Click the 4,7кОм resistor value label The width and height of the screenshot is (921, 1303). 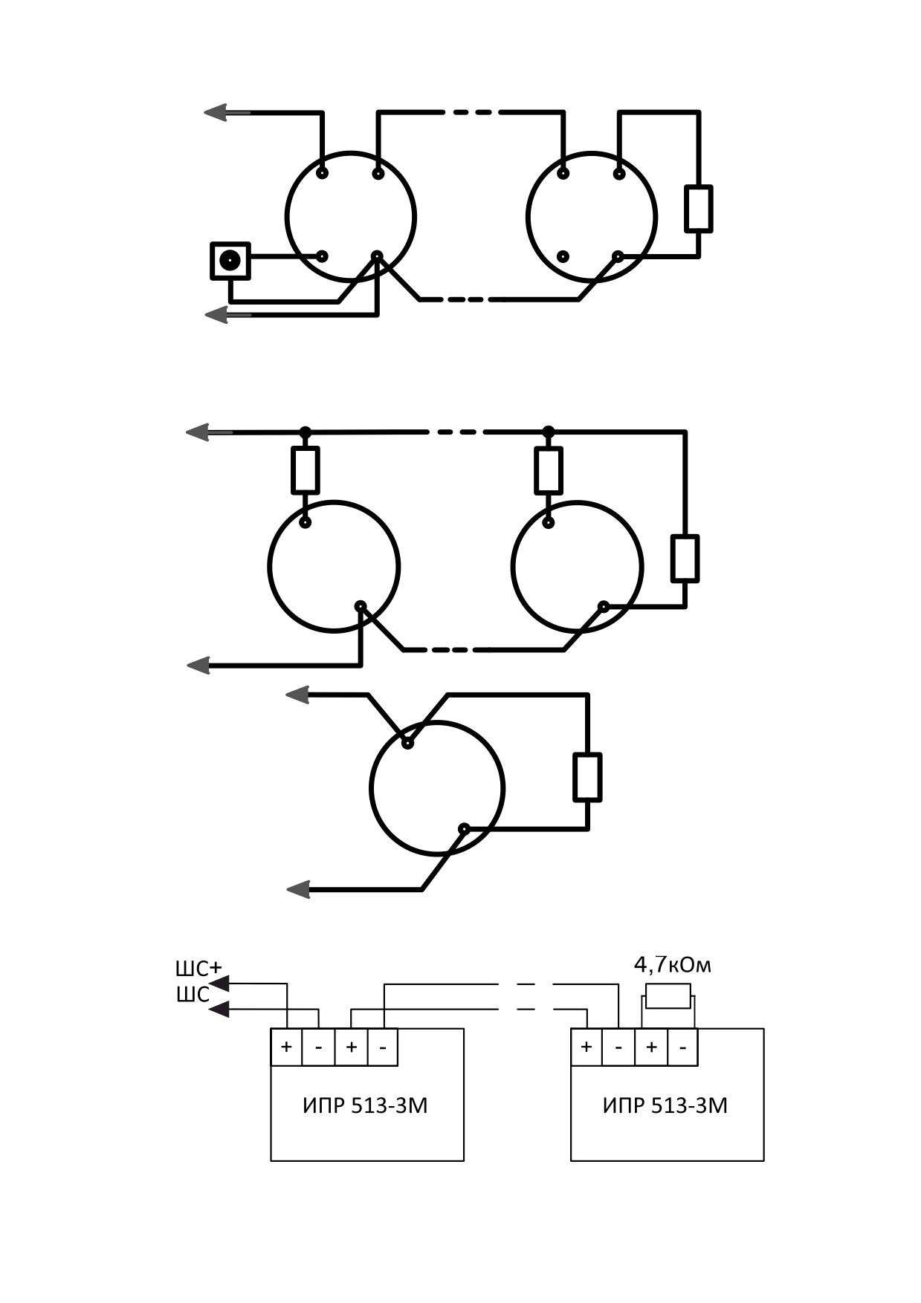[x=672, y=965]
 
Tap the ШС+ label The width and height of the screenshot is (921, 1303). [x=198, y=969]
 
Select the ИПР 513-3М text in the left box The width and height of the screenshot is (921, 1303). [x=365, y=1106]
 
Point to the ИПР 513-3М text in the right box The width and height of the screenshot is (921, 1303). [x=665, y=1106]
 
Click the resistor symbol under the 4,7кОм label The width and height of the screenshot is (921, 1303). [x=668, y=995]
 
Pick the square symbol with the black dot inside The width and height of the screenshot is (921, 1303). [x=230, y=261]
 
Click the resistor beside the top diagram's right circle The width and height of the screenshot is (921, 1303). [x=699, y=209]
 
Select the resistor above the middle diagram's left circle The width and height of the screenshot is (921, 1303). [x=306, y=470]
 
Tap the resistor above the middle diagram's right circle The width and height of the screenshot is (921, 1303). [x=549, y=470]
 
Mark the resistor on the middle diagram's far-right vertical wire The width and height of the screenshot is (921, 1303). [x=685, y=558]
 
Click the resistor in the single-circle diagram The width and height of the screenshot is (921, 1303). [x=587, y=777]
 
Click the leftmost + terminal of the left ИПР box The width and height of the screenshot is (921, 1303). [x=287, y=1047]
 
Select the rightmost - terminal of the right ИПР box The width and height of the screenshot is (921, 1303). [x=682, y=1047]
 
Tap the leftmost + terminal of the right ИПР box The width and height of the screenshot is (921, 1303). [x=586, y=1047]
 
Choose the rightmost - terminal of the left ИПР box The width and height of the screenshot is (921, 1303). [x=383, y=1047]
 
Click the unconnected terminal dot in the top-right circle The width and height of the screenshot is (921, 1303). [x=563, y=256]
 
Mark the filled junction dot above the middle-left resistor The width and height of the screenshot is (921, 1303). [x=306, y=432]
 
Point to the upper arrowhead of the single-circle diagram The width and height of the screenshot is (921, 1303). [x=297, y=695]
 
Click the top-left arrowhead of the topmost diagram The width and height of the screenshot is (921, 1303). [x=216, y=112]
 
